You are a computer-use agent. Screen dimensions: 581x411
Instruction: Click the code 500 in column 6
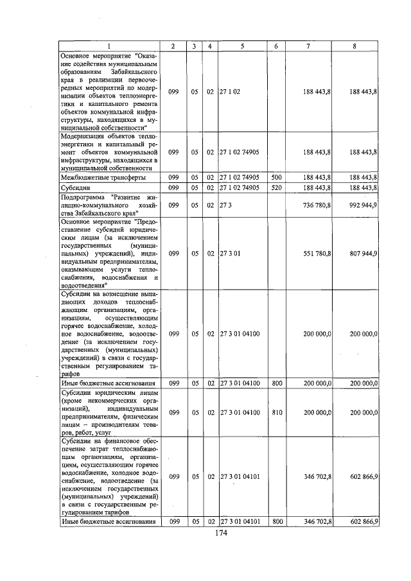[x=276, y=177]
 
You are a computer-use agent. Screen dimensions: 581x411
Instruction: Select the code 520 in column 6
[x=276, y=187]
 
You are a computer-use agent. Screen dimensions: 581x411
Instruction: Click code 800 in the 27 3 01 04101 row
[x=276, y=522]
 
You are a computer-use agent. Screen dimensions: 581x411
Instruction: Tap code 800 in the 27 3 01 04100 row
[x=276, y=383]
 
